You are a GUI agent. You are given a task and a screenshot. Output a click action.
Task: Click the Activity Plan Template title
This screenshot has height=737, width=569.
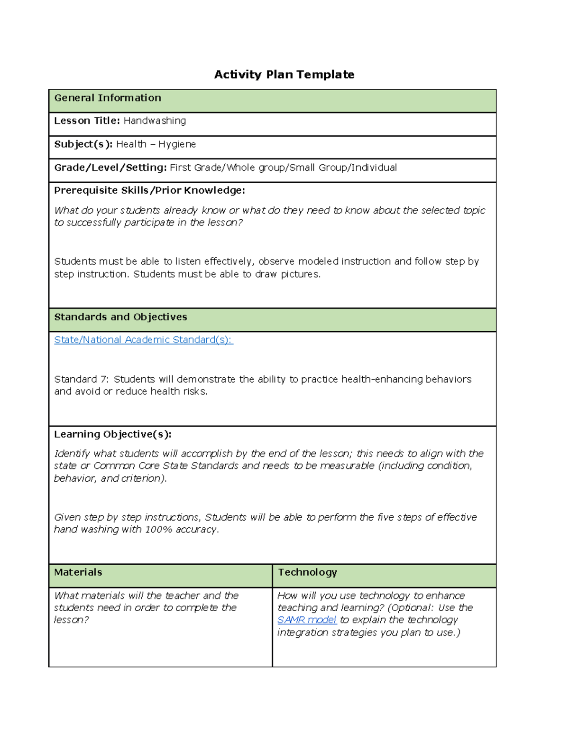point(284,75)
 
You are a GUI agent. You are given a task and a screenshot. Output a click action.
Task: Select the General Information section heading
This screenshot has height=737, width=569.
point(108,98)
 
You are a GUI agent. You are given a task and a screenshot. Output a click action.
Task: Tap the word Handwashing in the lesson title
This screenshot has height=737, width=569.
point(155,121)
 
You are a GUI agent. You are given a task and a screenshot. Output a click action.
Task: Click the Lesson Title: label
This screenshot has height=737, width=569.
point(87,121)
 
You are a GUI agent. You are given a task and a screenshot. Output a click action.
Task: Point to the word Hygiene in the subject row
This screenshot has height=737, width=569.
point(177,144)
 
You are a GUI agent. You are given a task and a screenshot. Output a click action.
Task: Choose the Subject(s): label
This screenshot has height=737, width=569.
point(83,144)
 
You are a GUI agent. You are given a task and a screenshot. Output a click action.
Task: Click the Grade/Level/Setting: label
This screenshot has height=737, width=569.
point(110,168)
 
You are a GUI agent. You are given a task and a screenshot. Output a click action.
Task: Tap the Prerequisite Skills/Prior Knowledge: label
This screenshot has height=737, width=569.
point(149,190)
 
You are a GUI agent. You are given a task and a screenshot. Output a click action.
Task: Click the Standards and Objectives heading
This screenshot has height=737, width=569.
point(120,317)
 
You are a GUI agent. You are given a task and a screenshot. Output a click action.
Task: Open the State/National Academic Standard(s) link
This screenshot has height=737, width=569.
point(143,340)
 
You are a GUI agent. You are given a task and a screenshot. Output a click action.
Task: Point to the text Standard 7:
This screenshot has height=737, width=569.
point(81,379)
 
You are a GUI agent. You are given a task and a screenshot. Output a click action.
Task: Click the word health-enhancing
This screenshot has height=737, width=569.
point(382,379)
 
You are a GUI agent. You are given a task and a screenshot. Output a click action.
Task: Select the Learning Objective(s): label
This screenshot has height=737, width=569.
point(113,434)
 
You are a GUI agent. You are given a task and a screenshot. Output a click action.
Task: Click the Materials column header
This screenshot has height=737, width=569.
point(78,572)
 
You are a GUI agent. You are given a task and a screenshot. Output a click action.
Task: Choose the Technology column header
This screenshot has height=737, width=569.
point(307,572)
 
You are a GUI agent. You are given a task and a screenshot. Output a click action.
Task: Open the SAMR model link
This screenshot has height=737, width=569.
point(307,620)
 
